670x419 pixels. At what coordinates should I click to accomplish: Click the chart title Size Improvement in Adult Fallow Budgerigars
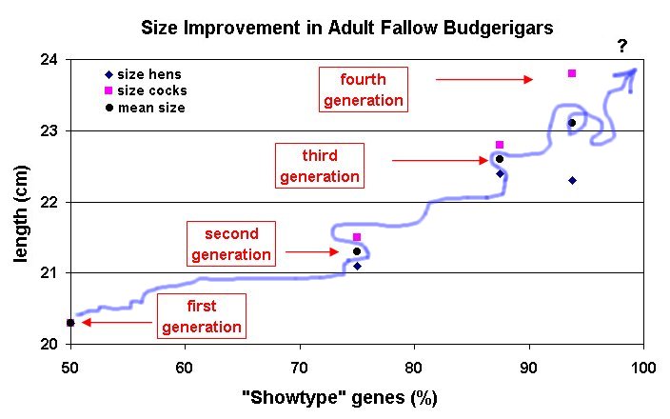(x=347, y=28)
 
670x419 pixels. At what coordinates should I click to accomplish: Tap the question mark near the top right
(x=622, y=46)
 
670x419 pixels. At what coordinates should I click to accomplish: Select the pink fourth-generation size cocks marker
(x=572, y=73)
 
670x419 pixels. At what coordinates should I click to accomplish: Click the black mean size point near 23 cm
(x=572, y=123)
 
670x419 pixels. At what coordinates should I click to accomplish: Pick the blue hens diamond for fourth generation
(x=573, y=180)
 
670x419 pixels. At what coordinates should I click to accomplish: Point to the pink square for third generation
(x=499, y=145)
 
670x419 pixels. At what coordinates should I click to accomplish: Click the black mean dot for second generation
(x=357, y=251)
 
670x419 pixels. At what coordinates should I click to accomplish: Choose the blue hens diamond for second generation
(x=357, y=267)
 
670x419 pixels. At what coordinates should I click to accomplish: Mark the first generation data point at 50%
(x=70, y=323)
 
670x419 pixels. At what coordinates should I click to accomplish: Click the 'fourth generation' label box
(x=364, y=90)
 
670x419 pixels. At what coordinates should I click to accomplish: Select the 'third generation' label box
(x=320, y=166)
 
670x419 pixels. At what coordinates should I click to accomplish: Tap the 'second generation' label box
(x=231, y=244)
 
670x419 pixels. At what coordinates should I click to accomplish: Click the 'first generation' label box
(x=202, y=316)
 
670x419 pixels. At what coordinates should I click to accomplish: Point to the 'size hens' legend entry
(x=144, y=74)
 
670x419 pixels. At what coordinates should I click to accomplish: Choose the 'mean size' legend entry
(x=146, y=108)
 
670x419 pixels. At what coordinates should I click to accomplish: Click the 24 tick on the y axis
(x=49, y=59)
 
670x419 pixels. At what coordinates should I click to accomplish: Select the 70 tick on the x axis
(x=299, y=368)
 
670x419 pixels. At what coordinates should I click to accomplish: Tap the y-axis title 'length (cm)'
(x=21, y=213)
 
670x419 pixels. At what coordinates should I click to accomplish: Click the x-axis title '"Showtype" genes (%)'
(x=340, y=398)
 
